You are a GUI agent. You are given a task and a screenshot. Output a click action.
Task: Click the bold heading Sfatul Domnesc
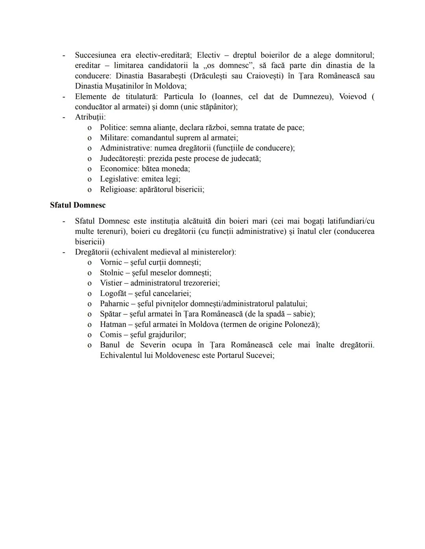tap(78, 205)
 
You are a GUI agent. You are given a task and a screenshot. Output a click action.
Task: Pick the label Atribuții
tap(90, 117)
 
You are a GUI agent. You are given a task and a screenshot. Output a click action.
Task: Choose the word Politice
tap(113, 128)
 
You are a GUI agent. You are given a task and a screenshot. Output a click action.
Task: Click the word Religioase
tap(118, 189)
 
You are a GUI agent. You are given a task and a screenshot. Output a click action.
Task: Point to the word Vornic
tap(111, 263)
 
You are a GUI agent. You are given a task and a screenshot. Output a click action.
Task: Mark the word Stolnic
tap(111, 273)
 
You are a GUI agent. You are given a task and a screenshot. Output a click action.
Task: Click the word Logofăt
tap(113, 294)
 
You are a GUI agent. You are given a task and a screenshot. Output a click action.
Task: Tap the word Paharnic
tap(115, 304)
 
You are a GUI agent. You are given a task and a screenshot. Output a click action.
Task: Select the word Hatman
tap(113, 325)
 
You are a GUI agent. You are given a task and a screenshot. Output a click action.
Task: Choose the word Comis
tap(111, 335)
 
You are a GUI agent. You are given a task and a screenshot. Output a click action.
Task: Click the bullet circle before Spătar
tap(90, 314)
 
